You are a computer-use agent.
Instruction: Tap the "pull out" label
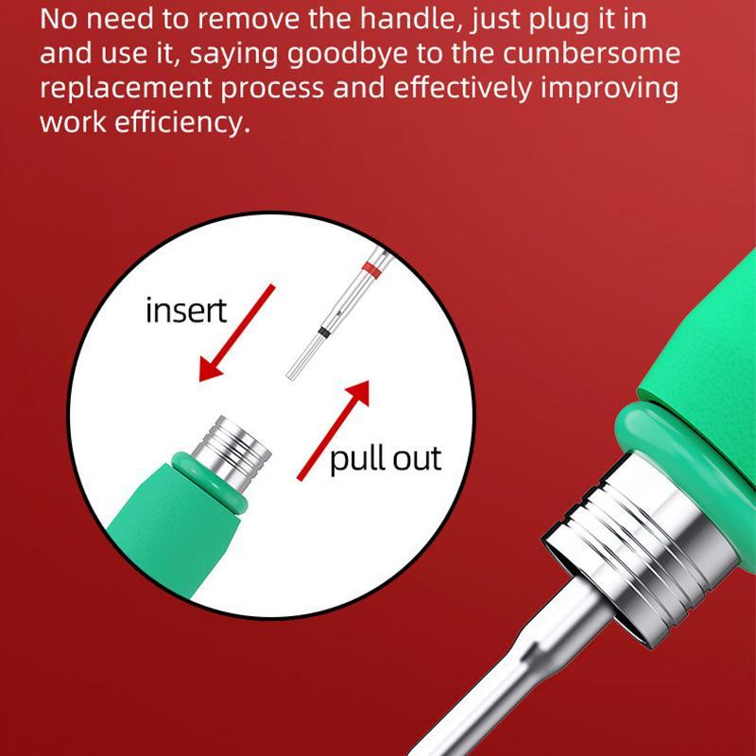tap(386, 459)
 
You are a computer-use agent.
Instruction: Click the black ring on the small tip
tap(323, 333)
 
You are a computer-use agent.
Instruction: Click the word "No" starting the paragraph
tap(58, 18)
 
